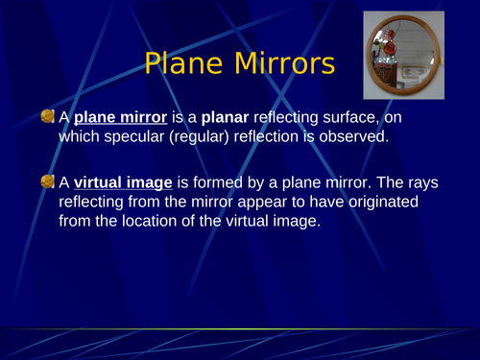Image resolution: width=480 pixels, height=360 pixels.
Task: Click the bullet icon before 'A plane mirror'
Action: pyautogui.click(x=48, y=116)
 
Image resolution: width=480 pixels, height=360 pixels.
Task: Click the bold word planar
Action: pyautogui.click(x=224, y=117)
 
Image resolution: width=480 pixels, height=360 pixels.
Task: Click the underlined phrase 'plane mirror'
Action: pyautogui.click(x=121, y=117)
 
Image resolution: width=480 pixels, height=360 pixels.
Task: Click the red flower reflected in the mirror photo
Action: pyautogui.click(x=388, y=37)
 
